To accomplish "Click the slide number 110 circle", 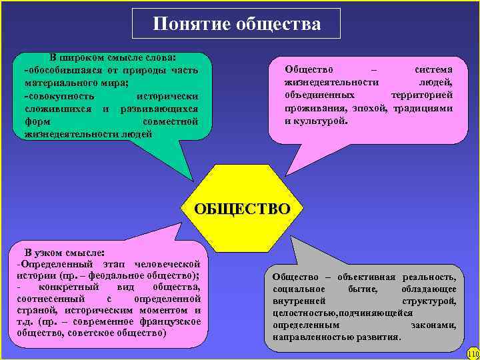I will [473, 353].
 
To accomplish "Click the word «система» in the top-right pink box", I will [433, 69].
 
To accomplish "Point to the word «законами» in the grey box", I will [433, 325].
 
